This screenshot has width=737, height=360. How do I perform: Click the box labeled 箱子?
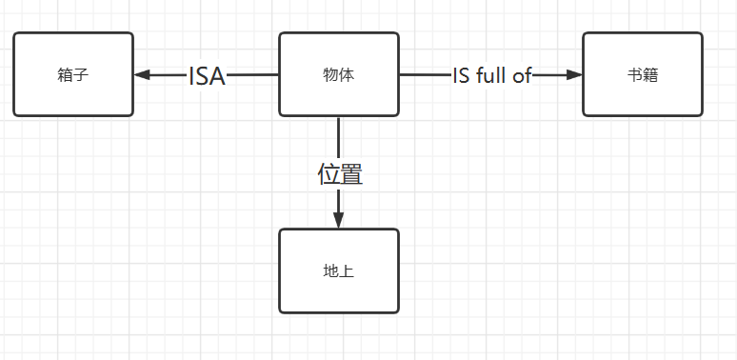[x=73, y=74]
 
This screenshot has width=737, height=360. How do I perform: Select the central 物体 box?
[x=338, y=74]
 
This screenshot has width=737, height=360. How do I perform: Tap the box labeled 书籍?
[x=643, y=74]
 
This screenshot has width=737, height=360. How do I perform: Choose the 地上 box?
[x=338, y=270]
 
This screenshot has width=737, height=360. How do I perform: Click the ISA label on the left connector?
[x=207, y=76]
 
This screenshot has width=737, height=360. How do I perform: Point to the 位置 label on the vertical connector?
[x=340, y=174]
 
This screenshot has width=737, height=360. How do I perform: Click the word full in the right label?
[x=491, y=76]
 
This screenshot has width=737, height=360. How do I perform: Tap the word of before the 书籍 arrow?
[x=522, y=76]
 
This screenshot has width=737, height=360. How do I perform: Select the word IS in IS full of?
[x=461, y=76]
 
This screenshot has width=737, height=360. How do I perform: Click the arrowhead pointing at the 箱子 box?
[x=143, y=75]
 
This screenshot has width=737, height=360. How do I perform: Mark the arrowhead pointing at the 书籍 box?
[x=573, y=75]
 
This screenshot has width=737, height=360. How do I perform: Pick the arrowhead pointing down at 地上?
[x=338, y=220]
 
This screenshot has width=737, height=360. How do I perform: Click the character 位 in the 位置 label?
[x=329, y=174]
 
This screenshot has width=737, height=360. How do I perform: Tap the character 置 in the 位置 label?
[x=351, y=174]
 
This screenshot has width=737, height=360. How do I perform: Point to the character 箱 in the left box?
[x=66, y=75]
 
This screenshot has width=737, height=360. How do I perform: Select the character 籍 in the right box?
[x=650, y=75]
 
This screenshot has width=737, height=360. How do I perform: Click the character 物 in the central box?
[x=330, y=75]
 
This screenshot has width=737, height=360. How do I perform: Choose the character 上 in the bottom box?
[x=346, y=271]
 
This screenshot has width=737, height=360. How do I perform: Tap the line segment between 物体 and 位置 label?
[x=338, y=138]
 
